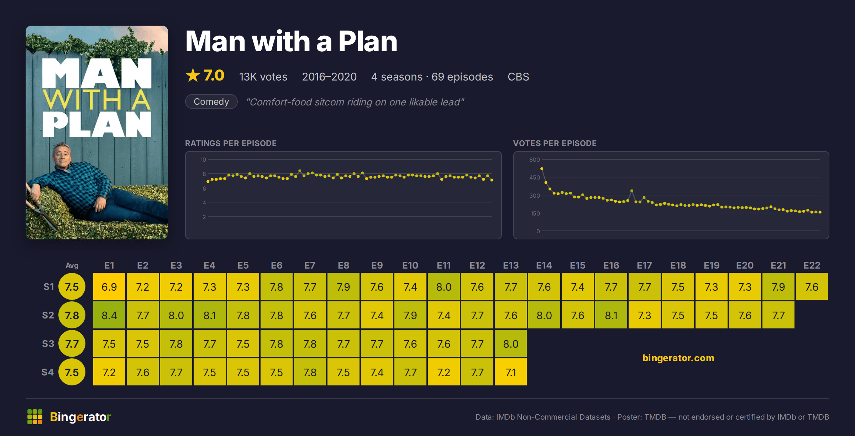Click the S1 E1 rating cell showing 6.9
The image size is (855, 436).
109,287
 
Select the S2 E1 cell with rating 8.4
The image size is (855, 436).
109,315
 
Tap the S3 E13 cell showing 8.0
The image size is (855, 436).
511,344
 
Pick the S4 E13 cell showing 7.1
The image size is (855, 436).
511,372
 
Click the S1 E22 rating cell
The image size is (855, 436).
812,287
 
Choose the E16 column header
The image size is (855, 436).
611,265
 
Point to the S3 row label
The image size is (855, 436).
48,344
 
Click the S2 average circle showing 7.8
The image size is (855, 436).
72,315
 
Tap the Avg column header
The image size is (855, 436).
72,265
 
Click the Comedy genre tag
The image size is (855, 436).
211,102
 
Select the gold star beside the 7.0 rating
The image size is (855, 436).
193,76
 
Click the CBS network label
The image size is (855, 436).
518,77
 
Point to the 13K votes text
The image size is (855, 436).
263,77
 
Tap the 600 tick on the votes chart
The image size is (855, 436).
534,160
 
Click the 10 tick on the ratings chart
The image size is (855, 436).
203,160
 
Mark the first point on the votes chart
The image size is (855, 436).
542,169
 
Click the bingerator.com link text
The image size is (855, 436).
678,358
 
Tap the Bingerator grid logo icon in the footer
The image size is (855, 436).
35,417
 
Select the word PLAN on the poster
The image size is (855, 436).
97,124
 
